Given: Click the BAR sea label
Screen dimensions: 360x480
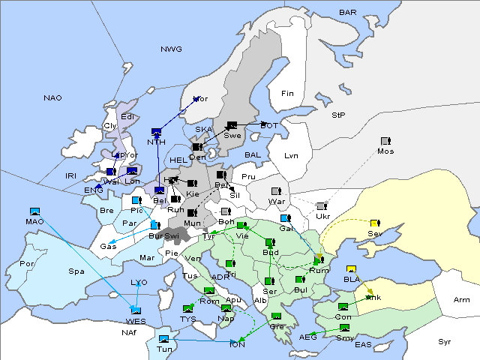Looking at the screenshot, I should coord(347,13).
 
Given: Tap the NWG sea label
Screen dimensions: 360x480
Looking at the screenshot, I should coord(171,49).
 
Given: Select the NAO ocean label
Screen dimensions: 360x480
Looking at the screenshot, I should coord(52,98).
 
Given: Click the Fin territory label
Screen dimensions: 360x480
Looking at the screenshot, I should coord(286,94).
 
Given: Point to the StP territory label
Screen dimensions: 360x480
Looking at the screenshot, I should coord(338,115).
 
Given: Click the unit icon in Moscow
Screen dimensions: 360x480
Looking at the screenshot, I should coord(385,141).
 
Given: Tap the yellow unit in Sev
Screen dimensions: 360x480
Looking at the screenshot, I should coord(375,223).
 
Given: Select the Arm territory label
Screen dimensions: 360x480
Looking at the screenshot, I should coord(462,300).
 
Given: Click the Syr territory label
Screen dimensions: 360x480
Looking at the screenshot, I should coord(445,341).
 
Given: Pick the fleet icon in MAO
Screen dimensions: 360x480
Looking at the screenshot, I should coord(34,211).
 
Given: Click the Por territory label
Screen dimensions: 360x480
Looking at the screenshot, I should coord(28,264).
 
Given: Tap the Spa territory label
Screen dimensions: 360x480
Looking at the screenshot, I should coord(76,271).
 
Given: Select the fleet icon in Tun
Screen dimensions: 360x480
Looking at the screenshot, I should coord(163,339).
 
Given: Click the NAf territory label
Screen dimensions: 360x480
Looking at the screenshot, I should coord(130,332).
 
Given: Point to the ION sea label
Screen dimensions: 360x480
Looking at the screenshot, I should coord(237,344).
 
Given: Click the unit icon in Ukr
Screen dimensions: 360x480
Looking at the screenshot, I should coord(321,205).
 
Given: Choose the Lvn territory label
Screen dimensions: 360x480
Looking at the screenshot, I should coord(292,156).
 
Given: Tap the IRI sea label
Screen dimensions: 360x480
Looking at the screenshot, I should coord(71,175).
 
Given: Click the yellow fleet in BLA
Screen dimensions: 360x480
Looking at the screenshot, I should coord(351,269).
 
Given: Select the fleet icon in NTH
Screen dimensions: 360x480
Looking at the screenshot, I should coord(156,131).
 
